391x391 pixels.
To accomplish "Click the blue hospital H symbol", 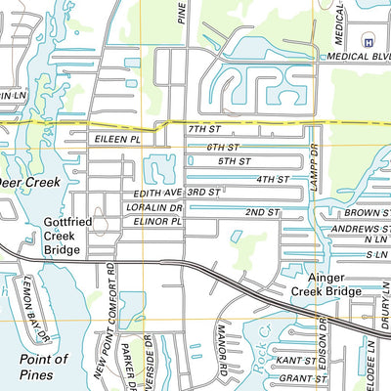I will click(368, 41).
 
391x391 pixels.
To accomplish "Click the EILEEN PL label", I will click(117, 141).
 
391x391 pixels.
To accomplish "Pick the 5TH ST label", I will click(234, 160).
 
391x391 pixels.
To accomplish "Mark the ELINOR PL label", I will click(155, 222).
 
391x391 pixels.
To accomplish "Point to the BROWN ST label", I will click(368, 212).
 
